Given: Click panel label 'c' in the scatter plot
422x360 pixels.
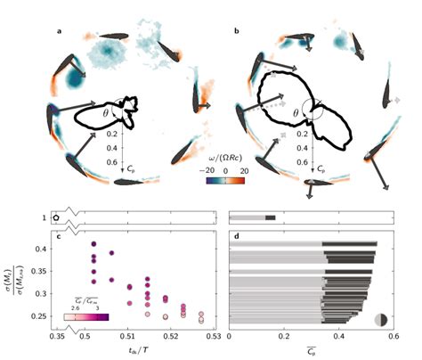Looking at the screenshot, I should click(x=59, y=235).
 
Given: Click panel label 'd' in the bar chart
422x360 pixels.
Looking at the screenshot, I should click(x=233, y=235).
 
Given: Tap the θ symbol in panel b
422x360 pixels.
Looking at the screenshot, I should click(x=297, y=113).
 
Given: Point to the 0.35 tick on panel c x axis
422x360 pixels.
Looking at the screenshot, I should click(x=61, y=339).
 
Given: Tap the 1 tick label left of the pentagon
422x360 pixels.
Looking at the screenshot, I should click(x=42, y=217).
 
